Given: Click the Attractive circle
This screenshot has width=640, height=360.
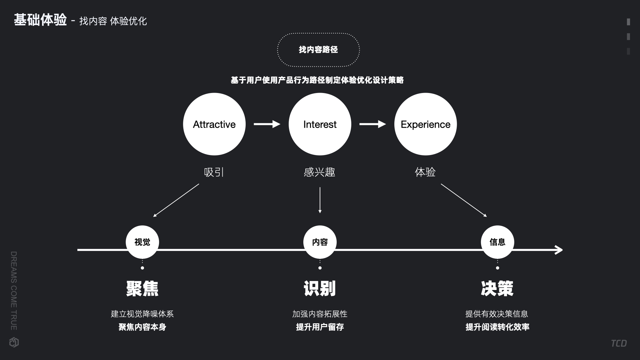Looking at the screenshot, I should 214,124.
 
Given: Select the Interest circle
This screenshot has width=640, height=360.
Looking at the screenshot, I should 320,124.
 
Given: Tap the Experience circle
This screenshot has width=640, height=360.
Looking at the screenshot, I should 425,124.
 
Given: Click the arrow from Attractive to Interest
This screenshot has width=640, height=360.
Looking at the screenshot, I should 267,124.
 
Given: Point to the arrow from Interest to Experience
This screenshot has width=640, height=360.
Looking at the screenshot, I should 372,124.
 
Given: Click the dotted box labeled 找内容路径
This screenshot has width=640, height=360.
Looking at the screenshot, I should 318,50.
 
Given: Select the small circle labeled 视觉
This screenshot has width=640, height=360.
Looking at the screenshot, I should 142,242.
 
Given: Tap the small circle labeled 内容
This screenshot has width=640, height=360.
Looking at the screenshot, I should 320,242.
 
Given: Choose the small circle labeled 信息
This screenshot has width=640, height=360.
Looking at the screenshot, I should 497,242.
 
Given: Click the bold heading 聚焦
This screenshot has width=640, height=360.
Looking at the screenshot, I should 142,289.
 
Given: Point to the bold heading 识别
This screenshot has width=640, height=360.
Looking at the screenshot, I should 320,289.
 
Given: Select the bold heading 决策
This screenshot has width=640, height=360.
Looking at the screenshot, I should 497,289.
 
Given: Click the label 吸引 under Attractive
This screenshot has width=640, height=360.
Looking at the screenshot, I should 214,172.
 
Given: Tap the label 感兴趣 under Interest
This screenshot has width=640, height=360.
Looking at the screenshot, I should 320,172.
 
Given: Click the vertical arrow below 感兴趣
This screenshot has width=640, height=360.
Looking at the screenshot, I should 320,200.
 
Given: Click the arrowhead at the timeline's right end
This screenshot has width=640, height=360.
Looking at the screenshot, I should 559,250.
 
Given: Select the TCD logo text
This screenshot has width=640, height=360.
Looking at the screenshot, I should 619,343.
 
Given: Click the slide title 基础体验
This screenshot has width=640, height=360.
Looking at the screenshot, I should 40,20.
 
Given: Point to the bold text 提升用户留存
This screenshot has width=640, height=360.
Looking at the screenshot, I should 320,327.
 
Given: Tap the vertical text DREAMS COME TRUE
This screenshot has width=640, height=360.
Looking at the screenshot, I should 14,291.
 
